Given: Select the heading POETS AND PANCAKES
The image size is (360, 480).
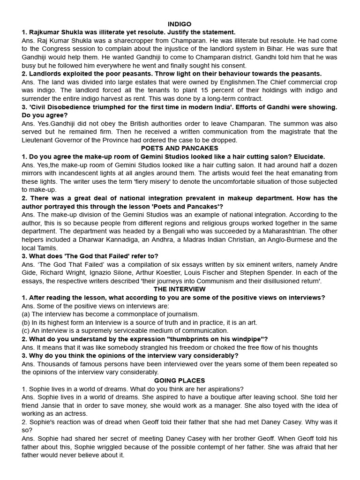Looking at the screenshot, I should click(180, 148).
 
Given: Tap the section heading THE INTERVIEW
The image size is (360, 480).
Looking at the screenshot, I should click(180, 289).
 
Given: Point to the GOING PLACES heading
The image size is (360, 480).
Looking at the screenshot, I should click(180, 380).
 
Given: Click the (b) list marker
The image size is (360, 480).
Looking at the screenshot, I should click(26, 322).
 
